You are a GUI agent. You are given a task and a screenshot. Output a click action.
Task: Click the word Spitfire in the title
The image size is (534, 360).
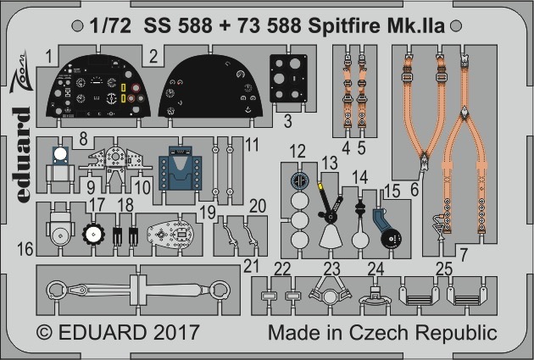pos(344,26)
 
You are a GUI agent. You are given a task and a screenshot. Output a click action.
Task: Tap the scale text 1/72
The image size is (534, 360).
pos(110,26)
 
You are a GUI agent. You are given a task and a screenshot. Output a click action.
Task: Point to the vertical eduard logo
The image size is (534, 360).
pos(21,155)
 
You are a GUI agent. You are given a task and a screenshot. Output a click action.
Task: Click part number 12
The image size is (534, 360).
pos(298,152)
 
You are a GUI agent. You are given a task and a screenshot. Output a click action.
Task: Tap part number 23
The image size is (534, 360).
pos(332,269)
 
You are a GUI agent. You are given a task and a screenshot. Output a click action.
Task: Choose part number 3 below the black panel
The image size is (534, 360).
pos(288,121)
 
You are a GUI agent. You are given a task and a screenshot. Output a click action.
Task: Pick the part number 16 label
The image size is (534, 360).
pos(25,249)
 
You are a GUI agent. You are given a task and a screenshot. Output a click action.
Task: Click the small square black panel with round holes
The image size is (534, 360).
pos(288,78)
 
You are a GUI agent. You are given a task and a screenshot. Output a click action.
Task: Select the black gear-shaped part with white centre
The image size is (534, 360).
pos(92,234)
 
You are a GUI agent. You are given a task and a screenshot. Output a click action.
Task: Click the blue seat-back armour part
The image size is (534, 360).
pos(180,168)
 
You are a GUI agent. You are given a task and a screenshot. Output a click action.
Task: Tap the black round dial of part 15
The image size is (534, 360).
pos(391,238)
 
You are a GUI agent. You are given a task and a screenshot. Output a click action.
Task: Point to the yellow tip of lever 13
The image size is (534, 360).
pos(320,186)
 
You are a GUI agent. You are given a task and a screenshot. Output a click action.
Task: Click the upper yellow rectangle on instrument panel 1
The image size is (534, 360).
pos(123,88)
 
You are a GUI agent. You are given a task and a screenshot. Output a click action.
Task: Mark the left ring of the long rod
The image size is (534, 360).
pos(56,290)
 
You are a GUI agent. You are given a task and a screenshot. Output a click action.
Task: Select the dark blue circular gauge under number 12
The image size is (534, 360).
pos(300,180)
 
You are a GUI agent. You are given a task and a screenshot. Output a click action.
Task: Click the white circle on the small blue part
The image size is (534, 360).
pos(60,154)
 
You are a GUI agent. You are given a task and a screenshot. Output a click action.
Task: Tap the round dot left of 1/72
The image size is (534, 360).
pos(78,26)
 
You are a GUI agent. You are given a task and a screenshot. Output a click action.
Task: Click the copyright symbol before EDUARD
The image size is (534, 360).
pos(44,332)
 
